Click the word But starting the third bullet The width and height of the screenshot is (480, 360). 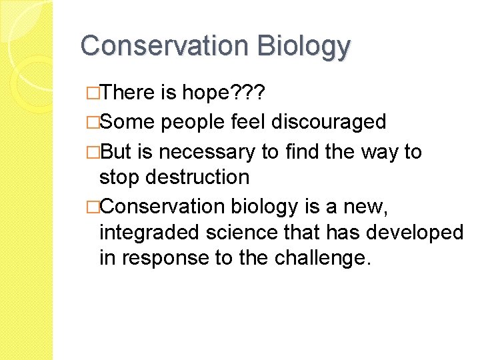coord(118,152)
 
